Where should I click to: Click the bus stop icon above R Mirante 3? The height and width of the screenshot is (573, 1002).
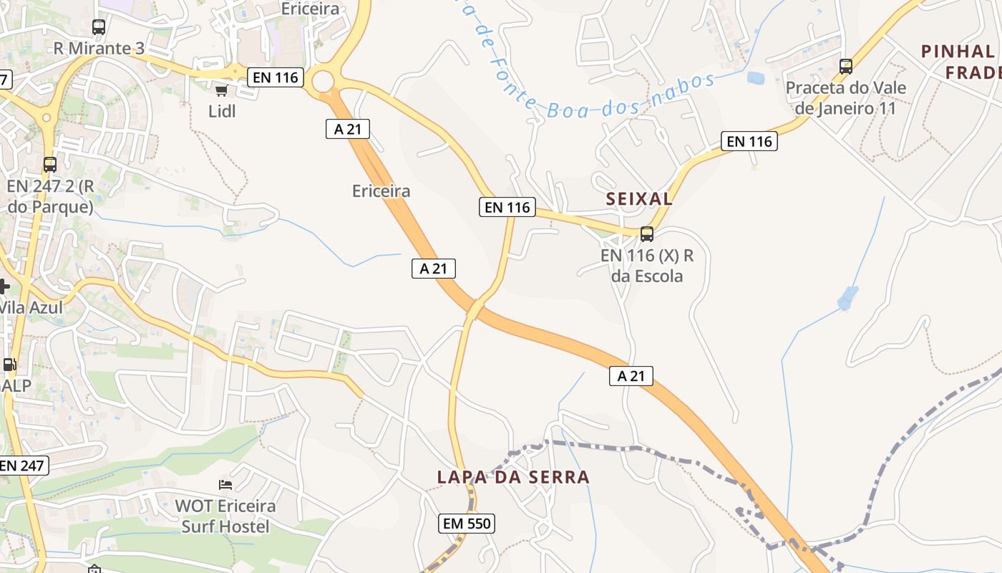(x=99, y=27)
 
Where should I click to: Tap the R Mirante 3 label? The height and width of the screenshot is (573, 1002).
(x=99, y=49)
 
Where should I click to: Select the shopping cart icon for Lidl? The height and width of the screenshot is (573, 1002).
(x=222, y=90)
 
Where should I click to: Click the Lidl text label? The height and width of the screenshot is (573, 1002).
(x=222, y=111)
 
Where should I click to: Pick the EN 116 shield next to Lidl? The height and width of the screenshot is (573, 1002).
(x=276, y=77)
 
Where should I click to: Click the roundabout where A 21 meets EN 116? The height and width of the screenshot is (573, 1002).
(x=324, y=80)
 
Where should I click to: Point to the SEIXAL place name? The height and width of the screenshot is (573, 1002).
(x=639, y=199)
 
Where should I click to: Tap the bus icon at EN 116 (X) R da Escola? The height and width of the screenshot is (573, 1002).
(x=647, y=233)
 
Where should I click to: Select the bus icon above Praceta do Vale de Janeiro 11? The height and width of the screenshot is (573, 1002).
(x=846, y=67)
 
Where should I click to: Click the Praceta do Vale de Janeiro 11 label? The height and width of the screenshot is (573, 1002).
(x=845, y=98)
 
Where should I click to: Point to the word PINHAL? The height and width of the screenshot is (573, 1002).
(x=958, y=52)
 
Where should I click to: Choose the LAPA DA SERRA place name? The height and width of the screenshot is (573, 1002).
(x=513, y=477)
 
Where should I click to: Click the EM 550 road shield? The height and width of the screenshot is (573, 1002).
(x=466, y=524)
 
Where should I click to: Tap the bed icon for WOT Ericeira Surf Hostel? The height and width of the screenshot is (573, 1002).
(x=225, y=485)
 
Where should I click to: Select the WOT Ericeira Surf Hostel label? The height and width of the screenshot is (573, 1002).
(x=225, y=516)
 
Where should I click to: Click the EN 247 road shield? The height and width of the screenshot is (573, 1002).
(x=22, y=466)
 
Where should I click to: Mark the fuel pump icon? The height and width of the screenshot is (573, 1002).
(x=9, y=364)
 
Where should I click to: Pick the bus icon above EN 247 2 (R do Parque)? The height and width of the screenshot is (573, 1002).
(x=49, y=165)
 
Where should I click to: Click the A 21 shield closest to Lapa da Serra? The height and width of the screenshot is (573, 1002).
(x=631, y=376)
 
